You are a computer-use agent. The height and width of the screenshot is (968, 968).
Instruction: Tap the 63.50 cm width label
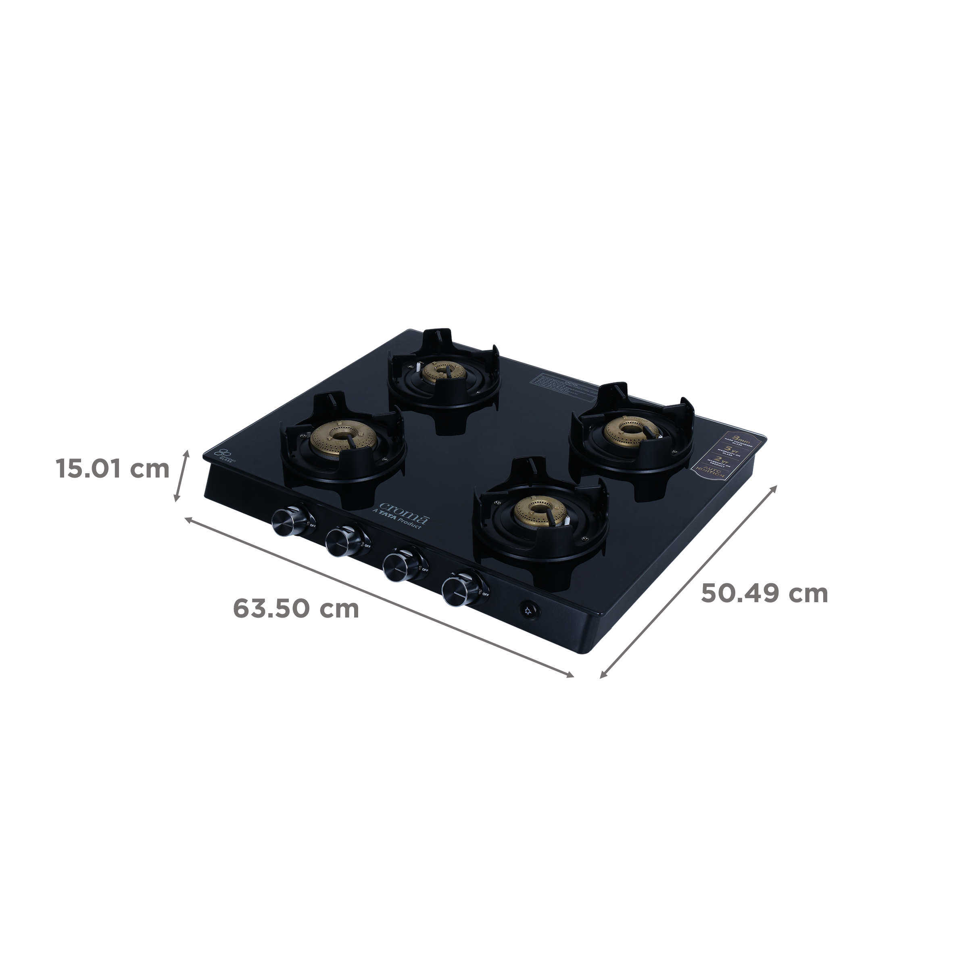pyautogui.click(x=296, y=609)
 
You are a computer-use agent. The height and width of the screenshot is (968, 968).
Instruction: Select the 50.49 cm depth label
pyautogui.click(x=764, y=594)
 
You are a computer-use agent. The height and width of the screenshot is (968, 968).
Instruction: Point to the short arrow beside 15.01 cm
pyautogui.click(x=182, y=476)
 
